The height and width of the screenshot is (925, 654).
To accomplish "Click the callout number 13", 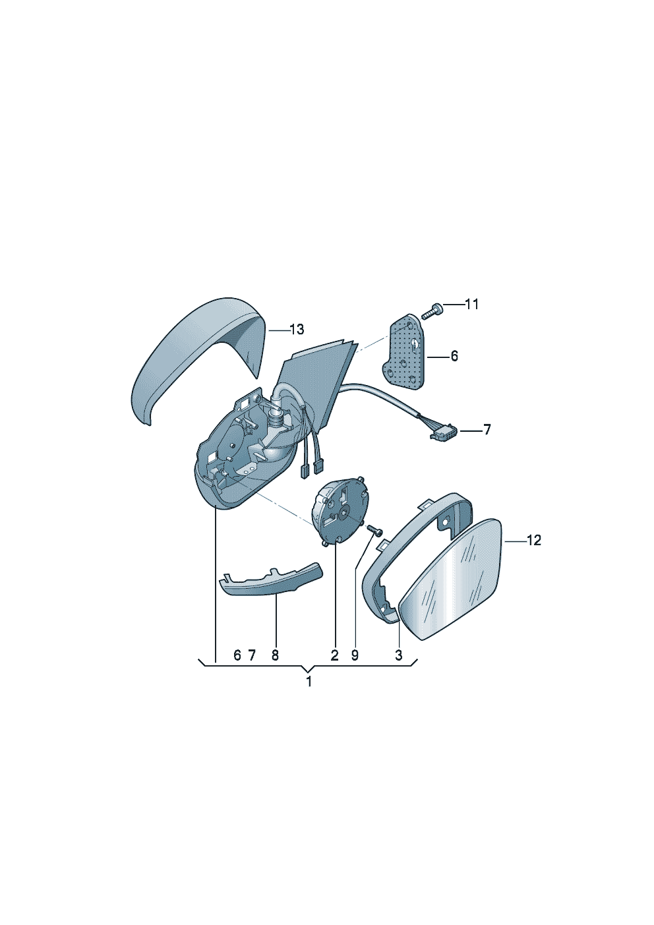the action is pyautogui.click(x=297, y=330).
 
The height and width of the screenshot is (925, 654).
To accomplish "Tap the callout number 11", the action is pyautogui.click(x=471, y=305).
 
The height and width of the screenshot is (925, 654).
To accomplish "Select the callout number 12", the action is pyautogui.click(x=534, y=541).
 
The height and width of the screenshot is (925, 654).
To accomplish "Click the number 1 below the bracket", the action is pyautogui.click(x=309, y=682).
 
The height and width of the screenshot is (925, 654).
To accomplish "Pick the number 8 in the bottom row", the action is pyautogui.click(x=275, y=655).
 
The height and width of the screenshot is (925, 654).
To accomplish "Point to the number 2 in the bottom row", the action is pyautogui.click(x=334, y=655).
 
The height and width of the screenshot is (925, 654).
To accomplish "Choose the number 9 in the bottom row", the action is pyautogui.click(x=355, y=655).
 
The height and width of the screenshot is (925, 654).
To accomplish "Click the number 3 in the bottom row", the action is pyautogui.click(x=398, y=655).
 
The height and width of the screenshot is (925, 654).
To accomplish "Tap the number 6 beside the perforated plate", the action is pyautogui.click(x=454, y=357).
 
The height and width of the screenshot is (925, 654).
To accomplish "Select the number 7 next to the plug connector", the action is pyautogui.click(x=487, y=431).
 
